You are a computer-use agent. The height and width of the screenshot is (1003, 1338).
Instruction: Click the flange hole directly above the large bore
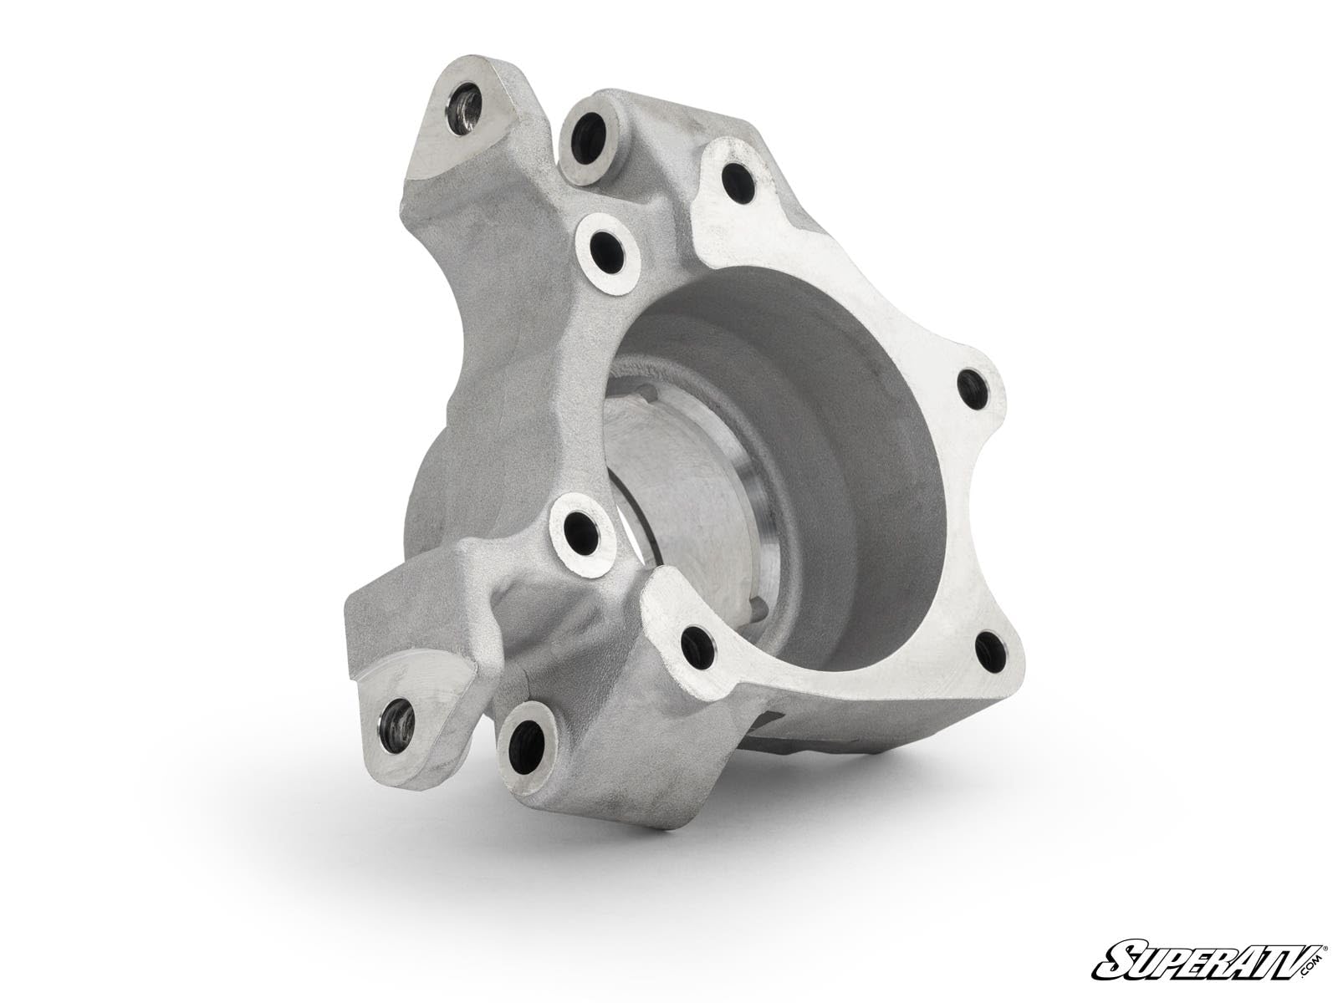(733, 175)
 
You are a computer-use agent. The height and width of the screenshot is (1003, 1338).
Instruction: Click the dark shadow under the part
(669, 802)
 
